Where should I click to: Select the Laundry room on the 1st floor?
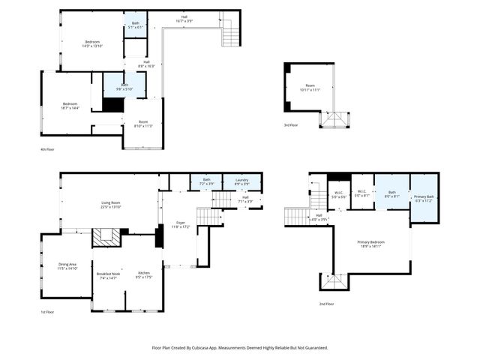[241, 181]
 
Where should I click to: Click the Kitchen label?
[144, 274]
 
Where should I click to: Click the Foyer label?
[180, 223]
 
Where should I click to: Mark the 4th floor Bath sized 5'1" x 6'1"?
[136, 25]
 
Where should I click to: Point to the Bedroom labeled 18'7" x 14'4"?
[70, 106]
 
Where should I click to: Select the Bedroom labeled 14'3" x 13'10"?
[91, 43]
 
